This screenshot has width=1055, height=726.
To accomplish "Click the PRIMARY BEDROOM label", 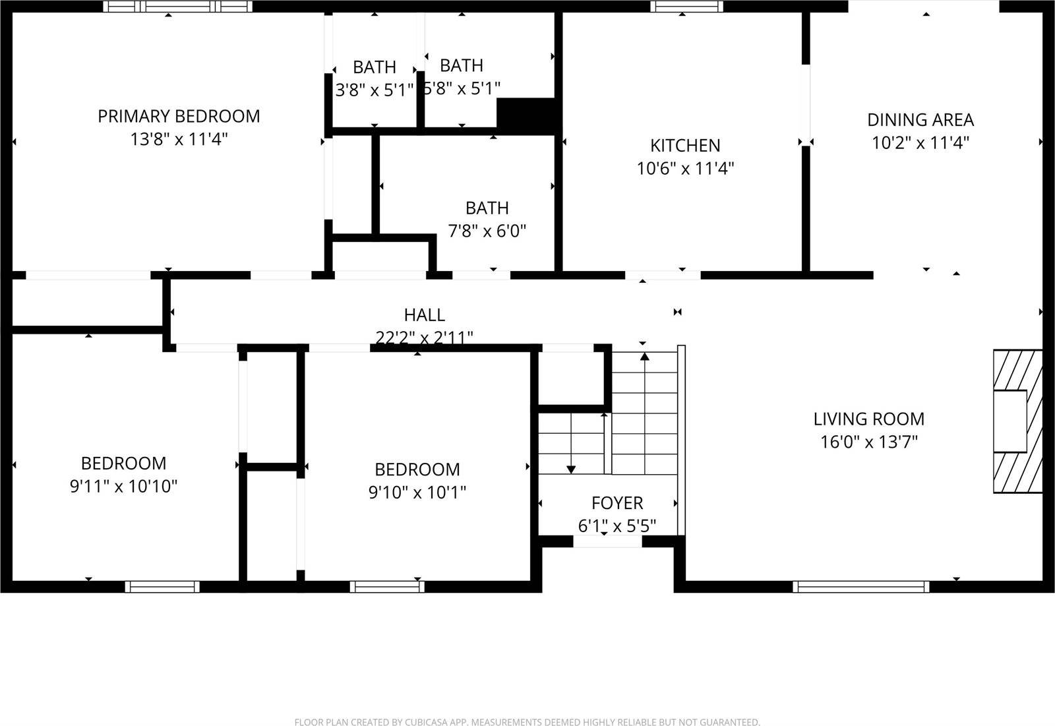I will [x=179, y=116].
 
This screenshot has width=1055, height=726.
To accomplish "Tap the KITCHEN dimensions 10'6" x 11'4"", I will [x=685, y=168].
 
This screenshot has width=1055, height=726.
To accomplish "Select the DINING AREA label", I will [x=920, y=120].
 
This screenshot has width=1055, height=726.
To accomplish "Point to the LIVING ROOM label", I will [x=868, y=419].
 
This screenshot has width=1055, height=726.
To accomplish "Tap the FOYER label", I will [x=617, y=503].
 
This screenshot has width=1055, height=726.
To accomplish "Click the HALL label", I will [x=424, y=315].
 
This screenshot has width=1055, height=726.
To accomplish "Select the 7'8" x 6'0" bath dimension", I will [x=487, y=231].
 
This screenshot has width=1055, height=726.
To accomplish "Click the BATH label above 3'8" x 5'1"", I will [x=374, y=67].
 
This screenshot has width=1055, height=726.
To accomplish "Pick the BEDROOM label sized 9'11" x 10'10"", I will [x=123, y=463].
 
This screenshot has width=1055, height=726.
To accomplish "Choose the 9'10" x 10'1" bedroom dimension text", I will [x=417, y=493].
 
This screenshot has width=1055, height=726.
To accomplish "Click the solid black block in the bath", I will [x=527, y=115].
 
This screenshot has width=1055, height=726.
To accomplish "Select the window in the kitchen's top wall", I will [x=686, y=6].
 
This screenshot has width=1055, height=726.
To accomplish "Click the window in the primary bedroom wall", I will [x=178, y=6].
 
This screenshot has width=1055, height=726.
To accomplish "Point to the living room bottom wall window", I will [x=860, y=586].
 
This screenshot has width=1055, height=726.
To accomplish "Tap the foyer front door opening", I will [x=607, y=541].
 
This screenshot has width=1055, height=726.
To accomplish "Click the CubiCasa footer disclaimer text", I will [x=527, y=722].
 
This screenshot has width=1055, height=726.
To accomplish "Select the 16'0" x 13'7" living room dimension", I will [x=868, y=442].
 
